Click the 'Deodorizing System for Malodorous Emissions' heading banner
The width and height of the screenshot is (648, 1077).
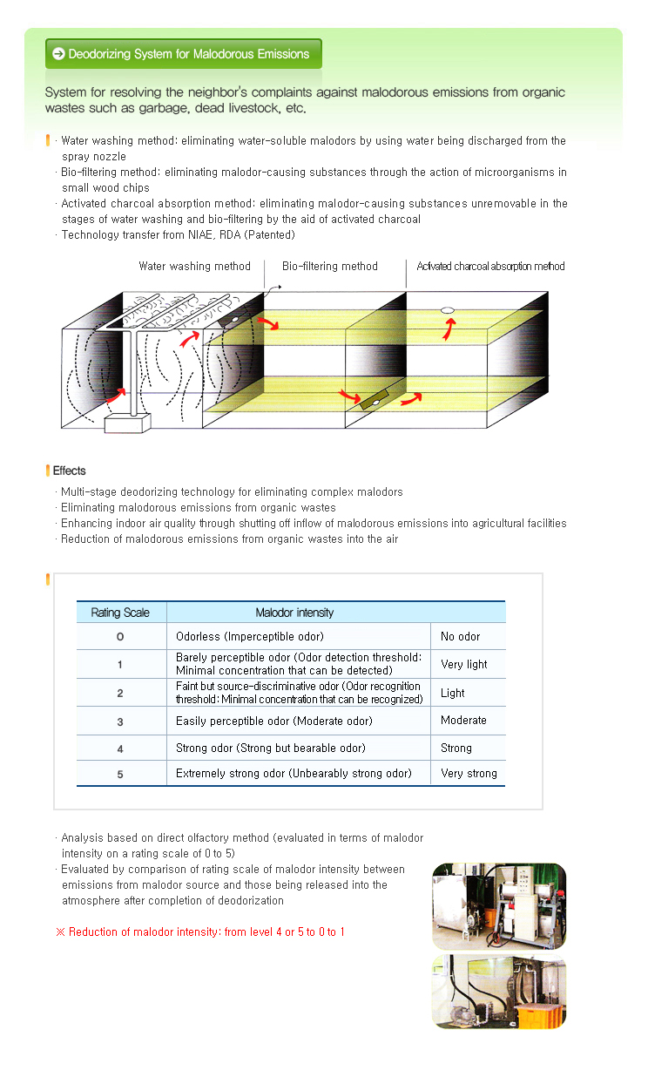pyautogui.click(x=183, y=54)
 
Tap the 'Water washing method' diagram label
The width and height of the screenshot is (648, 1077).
pyautogui.click(x=194, y=266)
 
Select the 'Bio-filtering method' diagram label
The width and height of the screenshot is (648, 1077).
pyautogui.click(x=330, y=266)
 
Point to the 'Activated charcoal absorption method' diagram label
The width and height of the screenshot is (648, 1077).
pyautogui.click(x=490, y=266)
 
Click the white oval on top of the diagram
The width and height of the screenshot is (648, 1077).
pyautogui.click(x=449, y=309)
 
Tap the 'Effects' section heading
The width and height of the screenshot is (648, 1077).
pyautogui.click(x=70, y=471)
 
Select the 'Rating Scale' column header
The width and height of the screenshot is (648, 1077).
pyautogui.click(x=120, y=613)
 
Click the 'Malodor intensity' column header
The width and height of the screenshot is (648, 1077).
pyautogui.click(x=294, y=613)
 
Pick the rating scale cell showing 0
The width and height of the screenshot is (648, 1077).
pyautogui.click(x=120, y=636)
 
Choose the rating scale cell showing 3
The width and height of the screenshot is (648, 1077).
pyautogui.click(x=120, y=721)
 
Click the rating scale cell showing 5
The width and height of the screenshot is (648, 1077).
pyautogui.click(x=120, y=773)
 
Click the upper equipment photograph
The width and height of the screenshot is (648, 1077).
pyautogui.click(x=499, y=906)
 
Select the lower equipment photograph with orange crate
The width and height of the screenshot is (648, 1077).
pyautogui.click(x=499, y=992)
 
